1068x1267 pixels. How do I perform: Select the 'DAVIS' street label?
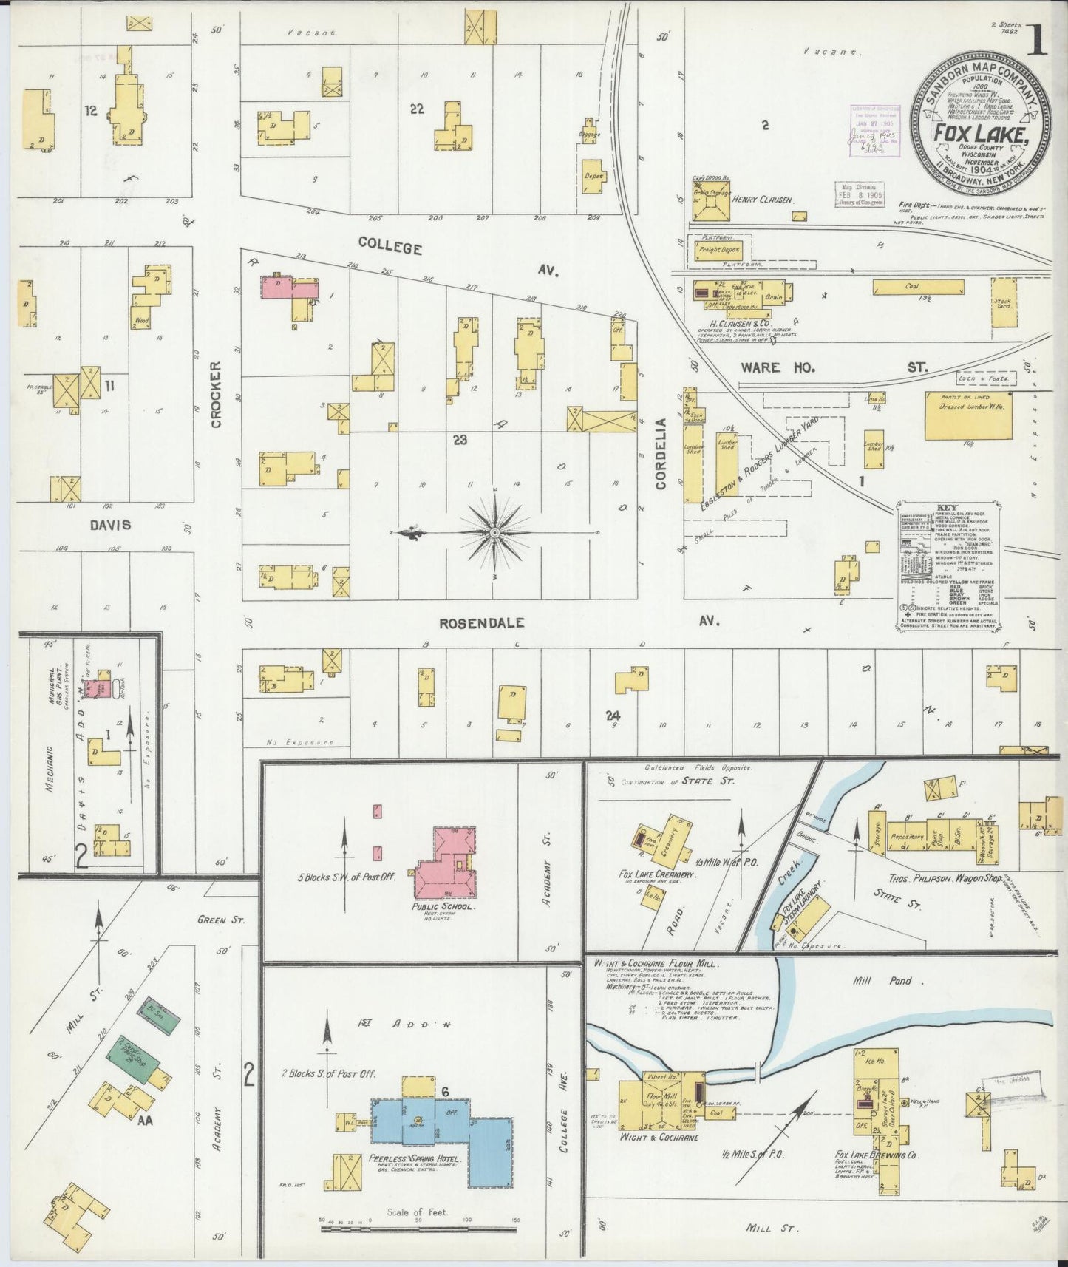point(111,524)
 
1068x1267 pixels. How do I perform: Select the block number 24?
point(612,715)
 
